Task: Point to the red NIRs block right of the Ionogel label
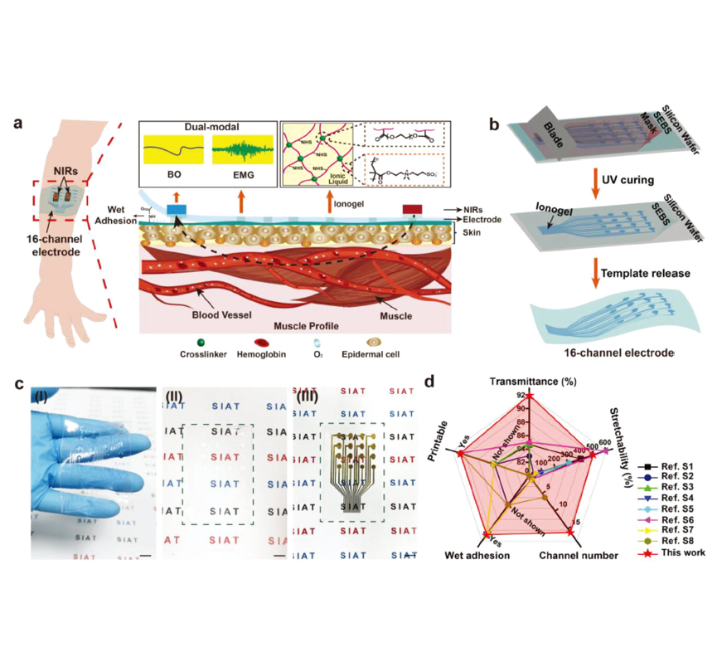click(x=411, y=208)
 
